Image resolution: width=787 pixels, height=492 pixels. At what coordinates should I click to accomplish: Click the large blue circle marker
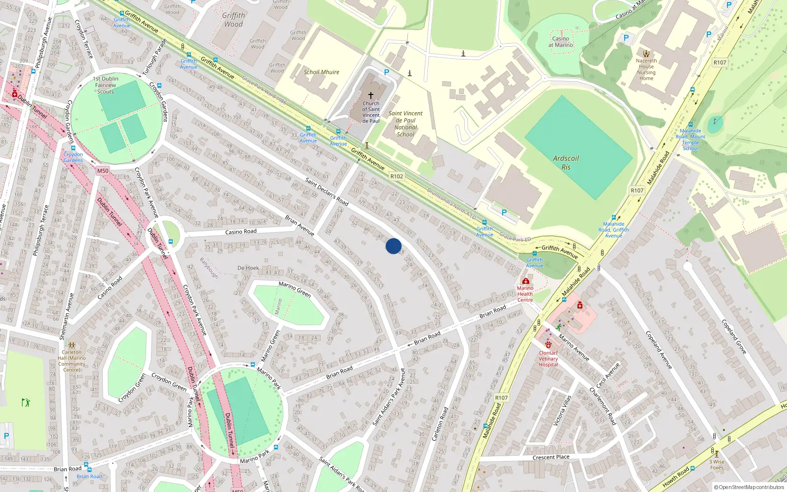[x=393, y=246]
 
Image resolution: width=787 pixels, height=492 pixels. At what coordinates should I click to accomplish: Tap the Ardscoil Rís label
[x=566, y=162]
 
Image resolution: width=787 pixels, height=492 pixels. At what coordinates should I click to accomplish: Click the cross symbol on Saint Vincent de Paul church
[x=371, y=95]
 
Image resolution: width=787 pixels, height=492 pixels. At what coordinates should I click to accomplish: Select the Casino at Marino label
[x=561, y=42]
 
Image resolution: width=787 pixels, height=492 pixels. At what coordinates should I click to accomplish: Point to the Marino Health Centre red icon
[x=525, y=281]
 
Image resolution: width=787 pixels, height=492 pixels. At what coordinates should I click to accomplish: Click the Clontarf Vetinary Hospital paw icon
[x=548, y=345]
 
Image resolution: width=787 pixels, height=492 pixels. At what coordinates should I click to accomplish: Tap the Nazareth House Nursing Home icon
[x=646, y=54]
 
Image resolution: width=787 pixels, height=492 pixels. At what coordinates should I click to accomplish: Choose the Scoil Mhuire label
[x=321, y=72]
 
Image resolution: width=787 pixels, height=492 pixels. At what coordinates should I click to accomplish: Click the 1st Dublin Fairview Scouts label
[x=106, y=85]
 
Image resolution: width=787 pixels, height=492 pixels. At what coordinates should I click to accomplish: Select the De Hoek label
[x=248, y=268]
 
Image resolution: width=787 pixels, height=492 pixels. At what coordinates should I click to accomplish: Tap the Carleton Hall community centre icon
[x=72, y=345]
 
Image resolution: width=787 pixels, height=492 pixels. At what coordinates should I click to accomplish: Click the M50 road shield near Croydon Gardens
[x=102, y=171]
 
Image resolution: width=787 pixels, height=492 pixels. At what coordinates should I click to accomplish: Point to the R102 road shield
[x=396, y=176]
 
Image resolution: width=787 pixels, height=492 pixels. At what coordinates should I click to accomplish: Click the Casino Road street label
[x=241, y=232]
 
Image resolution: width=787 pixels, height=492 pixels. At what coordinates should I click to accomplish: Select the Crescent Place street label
[x=551, y=457]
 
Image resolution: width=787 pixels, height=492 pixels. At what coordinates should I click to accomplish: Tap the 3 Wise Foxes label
[x=717, y=464]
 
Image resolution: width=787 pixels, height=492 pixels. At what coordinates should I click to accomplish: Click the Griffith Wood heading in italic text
[x=233, y=20]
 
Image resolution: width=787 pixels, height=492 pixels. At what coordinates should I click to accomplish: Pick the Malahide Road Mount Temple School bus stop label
[x=690, y=139]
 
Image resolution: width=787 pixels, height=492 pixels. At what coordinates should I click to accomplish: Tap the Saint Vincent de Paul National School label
[x=406, y=123]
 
